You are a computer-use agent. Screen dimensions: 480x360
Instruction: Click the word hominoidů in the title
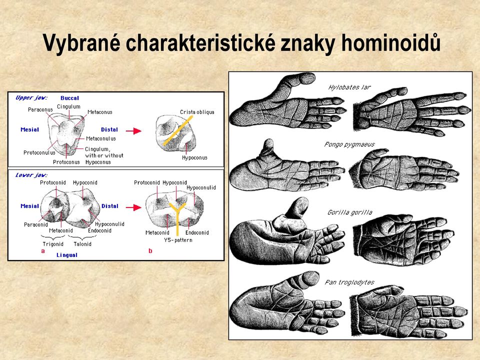[390, 42]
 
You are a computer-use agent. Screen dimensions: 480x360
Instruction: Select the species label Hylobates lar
[349, 87]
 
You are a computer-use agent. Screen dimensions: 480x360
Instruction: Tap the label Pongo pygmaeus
[349, 144]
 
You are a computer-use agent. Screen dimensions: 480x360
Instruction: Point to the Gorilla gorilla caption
[350, 212]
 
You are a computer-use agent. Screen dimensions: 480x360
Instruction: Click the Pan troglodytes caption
[349, 282]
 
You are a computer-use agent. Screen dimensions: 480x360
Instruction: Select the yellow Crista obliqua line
[178, 130]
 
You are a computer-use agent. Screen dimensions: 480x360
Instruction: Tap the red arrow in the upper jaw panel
[134, 131]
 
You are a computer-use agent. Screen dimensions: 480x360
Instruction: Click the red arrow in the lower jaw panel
[134, 207]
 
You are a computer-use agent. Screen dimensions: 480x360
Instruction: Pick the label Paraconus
[40, 109]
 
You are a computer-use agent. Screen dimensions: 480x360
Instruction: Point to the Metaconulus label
[100, 138]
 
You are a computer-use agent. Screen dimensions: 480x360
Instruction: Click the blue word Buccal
[70, 98]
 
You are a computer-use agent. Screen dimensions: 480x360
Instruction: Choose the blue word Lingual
[67, 255]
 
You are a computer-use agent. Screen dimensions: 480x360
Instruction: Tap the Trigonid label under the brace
[53, 244]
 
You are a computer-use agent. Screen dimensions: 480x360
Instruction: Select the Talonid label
[82, 244]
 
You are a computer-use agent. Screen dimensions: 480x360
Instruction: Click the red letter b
[150, 250]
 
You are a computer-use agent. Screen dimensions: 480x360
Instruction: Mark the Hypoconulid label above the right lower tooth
[201, 187]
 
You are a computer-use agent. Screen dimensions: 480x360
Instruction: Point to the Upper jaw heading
[31, 97]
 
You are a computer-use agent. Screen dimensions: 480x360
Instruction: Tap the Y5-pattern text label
[178, 240]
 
